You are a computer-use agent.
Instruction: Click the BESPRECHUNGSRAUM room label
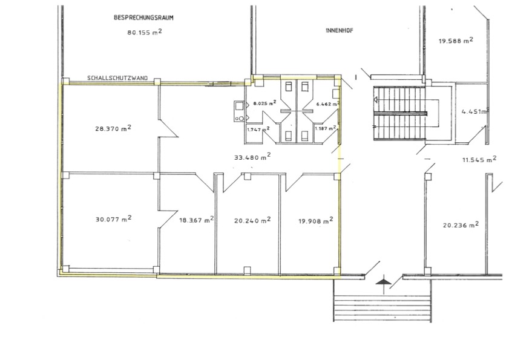pyautogui.click(x=143, y=18)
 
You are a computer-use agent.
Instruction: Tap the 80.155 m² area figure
pyautogui.click(x=145, y=32)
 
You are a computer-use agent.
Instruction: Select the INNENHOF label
pyautogui.click(x=339, y=30)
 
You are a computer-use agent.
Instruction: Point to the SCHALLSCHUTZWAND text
pyautogui.click(x=117, y=78)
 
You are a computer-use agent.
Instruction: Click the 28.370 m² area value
pyautogui.click(x=113, y=128)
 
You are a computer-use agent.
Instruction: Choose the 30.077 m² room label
pyautogui.click(x=114, y=219)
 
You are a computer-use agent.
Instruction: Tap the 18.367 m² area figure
pyautogui.click(x=196, y=220)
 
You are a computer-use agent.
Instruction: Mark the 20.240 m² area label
pyautogui.click(x=252, y=220)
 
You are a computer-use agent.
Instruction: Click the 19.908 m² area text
pyautogui.click(x=316, y=221)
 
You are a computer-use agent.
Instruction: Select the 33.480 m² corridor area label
pyautogui.click(x=252, y=157)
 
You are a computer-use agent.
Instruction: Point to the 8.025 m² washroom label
pyautogui.click(x=265, y=103)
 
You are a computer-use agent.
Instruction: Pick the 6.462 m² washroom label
pyautogui.click(x=328, y=104)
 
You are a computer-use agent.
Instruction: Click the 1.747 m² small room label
pyautogui.click(x=258, y=129)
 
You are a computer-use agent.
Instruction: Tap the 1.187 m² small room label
pyautogui.click(x=325, y=128)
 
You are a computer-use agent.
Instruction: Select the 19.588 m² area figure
pyautogui.click(x=456, y=41)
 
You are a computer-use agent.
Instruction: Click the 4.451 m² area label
pyautogui.click(x=475, y=112)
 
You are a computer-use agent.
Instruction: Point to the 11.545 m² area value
pyautogui.click(x=479, y=159)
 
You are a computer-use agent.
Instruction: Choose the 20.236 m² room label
pyautogui.click(x=461, y=224)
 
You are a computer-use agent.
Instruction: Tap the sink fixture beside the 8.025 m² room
pyautogui.click(x=239, y=111)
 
